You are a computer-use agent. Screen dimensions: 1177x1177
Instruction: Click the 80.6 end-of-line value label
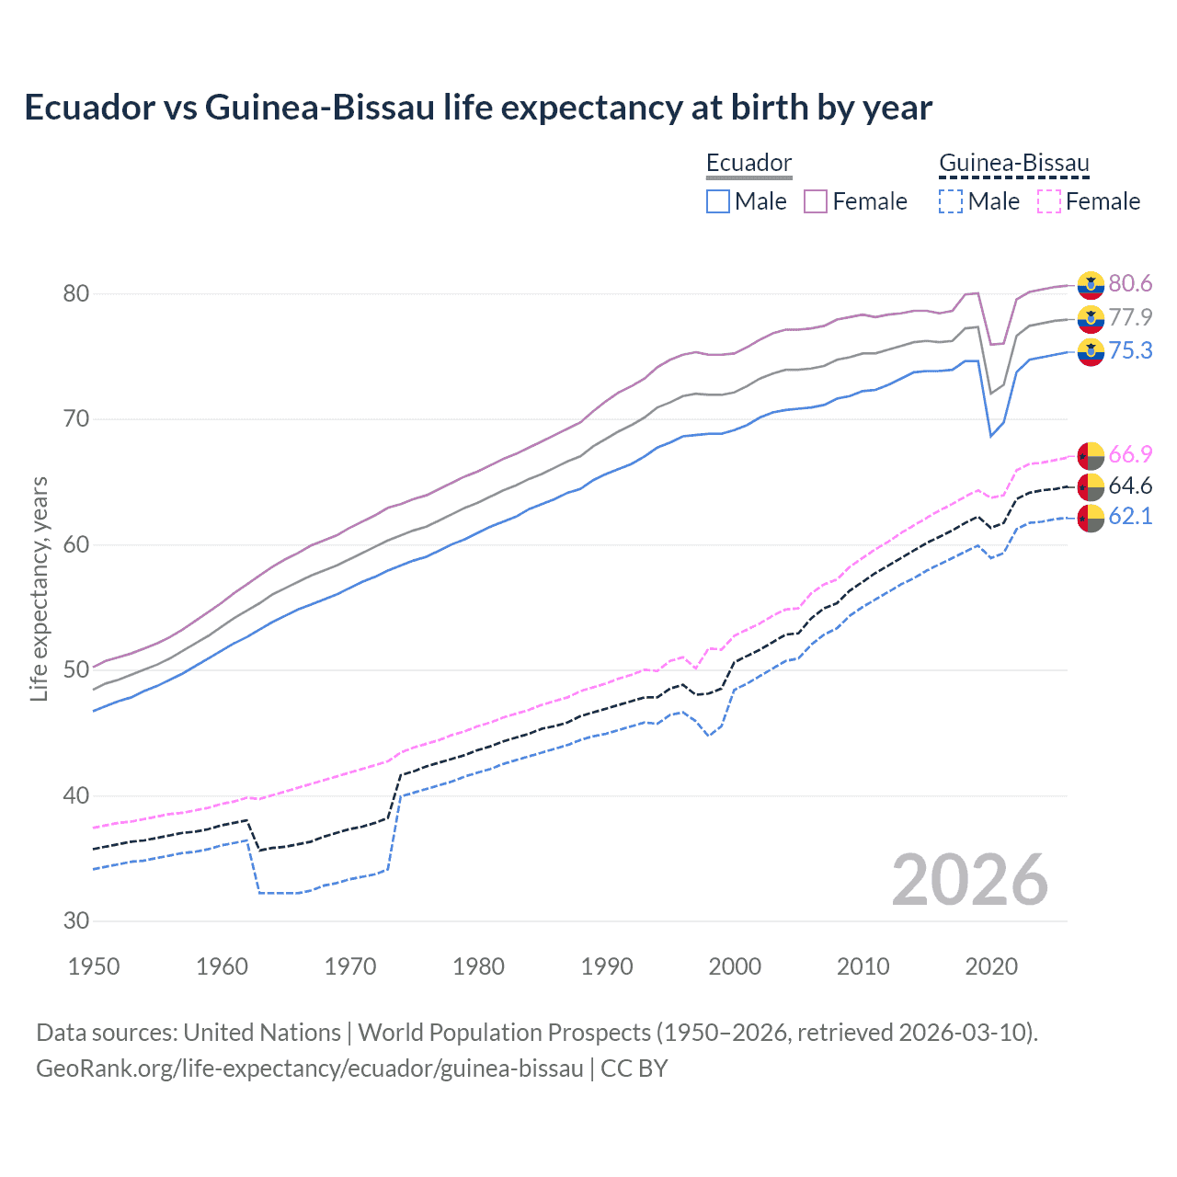(1130, 284)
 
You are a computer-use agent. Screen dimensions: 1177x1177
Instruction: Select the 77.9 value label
(1130, 318)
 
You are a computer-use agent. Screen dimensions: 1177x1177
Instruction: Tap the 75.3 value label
(1130, 351)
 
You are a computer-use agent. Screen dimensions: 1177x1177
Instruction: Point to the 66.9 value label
(1130, 455)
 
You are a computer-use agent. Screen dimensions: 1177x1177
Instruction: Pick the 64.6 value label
(1130, 486)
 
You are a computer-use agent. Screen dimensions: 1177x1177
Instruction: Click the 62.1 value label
(1130, 517)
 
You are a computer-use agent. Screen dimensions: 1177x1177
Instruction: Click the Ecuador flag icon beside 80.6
(1091, 285)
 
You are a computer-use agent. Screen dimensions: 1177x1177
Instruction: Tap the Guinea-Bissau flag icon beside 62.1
(1091, 518)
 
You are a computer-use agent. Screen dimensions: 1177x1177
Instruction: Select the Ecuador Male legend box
(718, 201)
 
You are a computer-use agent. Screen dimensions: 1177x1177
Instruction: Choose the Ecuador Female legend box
(816, 201)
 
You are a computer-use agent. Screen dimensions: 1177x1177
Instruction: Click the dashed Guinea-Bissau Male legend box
(951, 201)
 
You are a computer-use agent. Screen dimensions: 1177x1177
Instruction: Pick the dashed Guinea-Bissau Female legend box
(1048, 201)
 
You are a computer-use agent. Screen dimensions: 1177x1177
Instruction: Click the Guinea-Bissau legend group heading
(1013, 164)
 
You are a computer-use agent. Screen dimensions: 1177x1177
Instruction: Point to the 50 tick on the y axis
(76, 670)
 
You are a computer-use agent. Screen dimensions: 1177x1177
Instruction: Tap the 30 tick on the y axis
(76, 921)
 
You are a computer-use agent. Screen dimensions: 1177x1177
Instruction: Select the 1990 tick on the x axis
(607, 966)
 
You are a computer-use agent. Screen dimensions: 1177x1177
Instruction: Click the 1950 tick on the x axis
(95, 966)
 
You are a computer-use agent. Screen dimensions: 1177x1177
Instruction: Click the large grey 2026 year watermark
(969, 881)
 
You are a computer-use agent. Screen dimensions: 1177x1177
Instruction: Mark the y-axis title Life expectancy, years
(40, 588)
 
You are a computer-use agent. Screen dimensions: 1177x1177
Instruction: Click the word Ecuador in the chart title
(90, 108)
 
